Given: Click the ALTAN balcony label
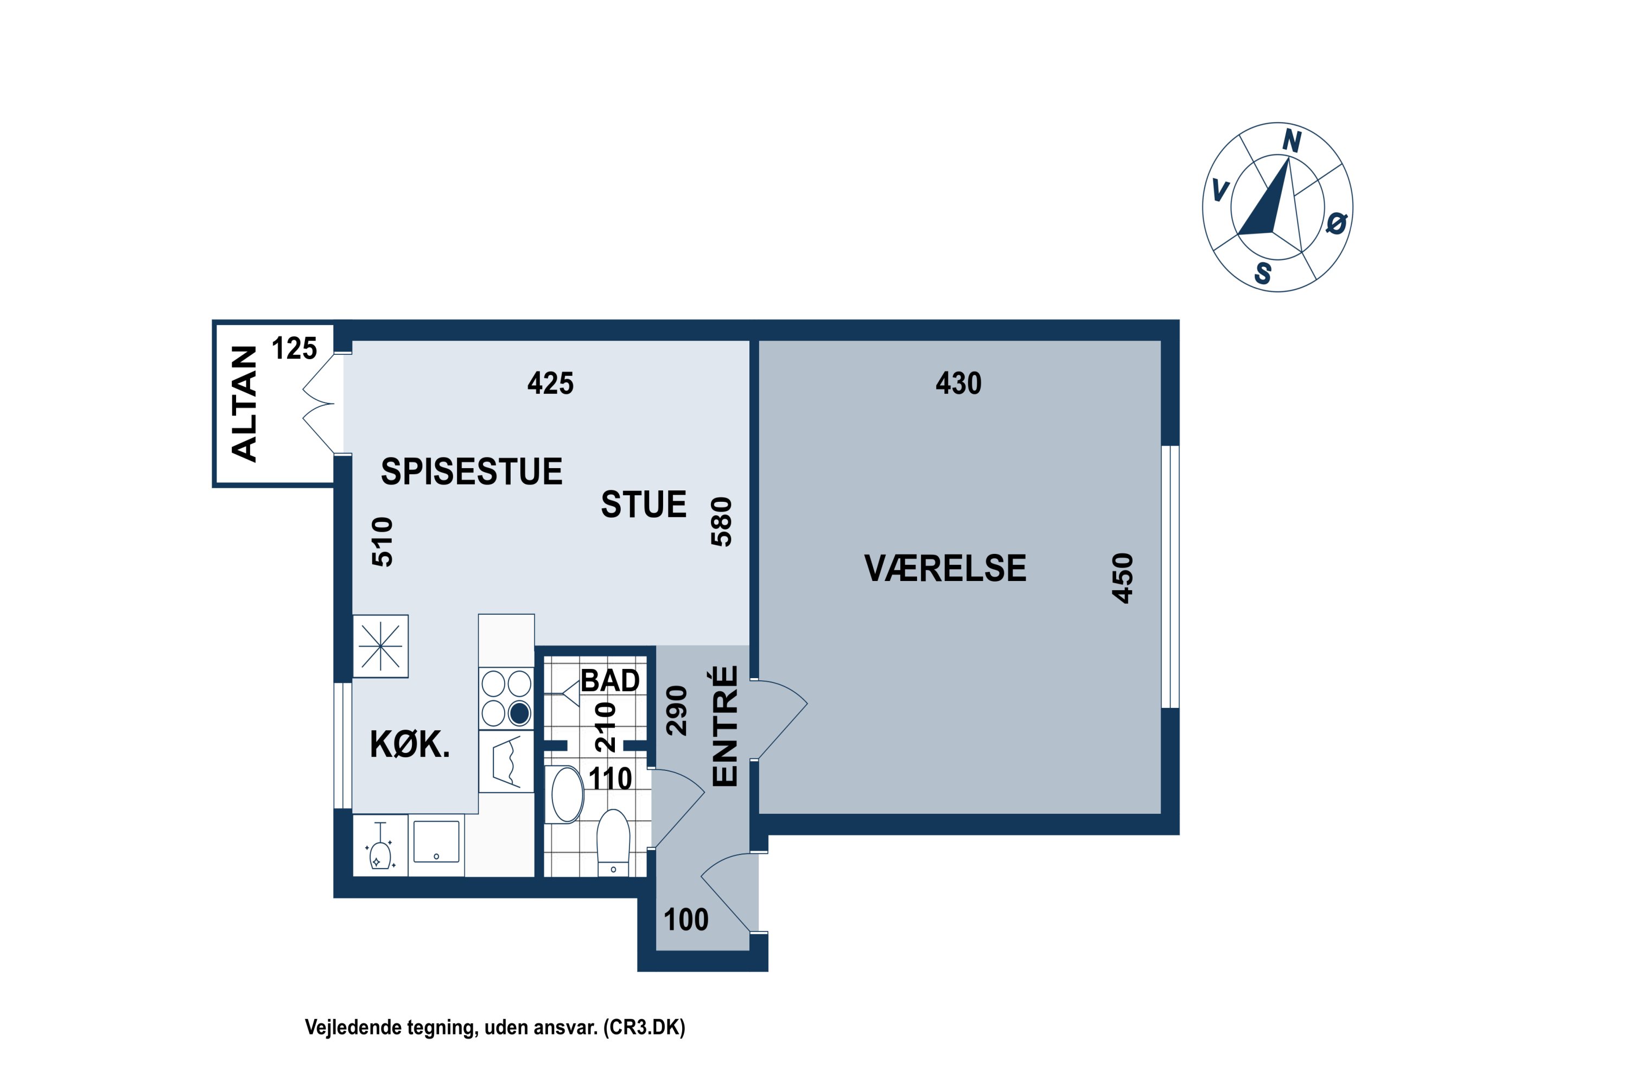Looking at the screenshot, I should [x=244, y=404].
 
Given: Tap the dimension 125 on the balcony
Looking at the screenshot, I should [x=294, y=349].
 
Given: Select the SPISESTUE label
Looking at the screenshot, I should [x=472, y=472].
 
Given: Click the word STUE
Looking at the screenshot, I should [x=643, y=505].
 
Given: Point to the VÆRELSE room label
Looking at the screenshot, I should [x=945, y=569].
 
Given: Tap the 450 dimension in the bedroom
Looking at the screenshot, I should [x=1122, y=578].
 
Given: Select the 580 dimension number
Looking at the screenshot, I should [x=721, y=522].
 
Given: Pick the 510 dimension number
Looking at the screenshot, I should [x=382, y=542].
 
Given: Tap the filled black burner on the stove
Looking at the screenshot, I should [x=519, y=713].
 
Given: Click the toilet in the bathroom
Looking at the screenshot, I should [x=613, y=842].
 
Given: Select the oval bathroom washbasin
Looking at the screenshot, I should [x=567, y=794].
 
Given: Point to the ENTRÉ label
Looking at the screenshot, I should [x=724, y=726].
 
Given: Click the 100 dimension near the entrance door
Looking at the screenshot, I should [x=686, y=920].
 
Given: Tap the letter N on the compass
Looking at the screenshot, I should [x=1292, y=141].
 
